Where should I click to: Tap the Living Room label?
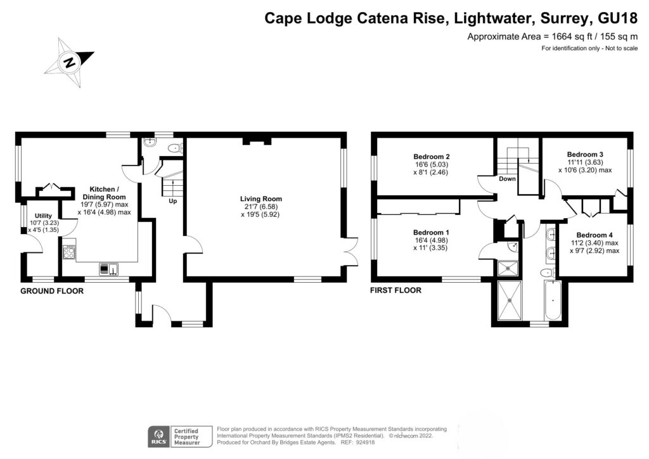coord(264,199)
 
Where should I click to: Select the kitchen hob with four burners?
coord(69,253)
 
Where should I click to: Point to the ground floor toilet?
coord(174,148)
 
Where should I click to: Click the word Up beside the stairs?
coord(172,202)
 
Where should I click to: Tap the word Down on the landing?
coord(507,179)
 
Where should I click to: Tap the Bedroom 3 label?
coord(584,154)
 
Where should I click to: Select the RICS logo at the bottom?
coord(157,436)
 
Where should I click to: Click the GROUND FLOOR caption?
coord(52,291)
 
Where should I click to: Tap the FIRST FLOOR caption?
coord(396,291)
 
